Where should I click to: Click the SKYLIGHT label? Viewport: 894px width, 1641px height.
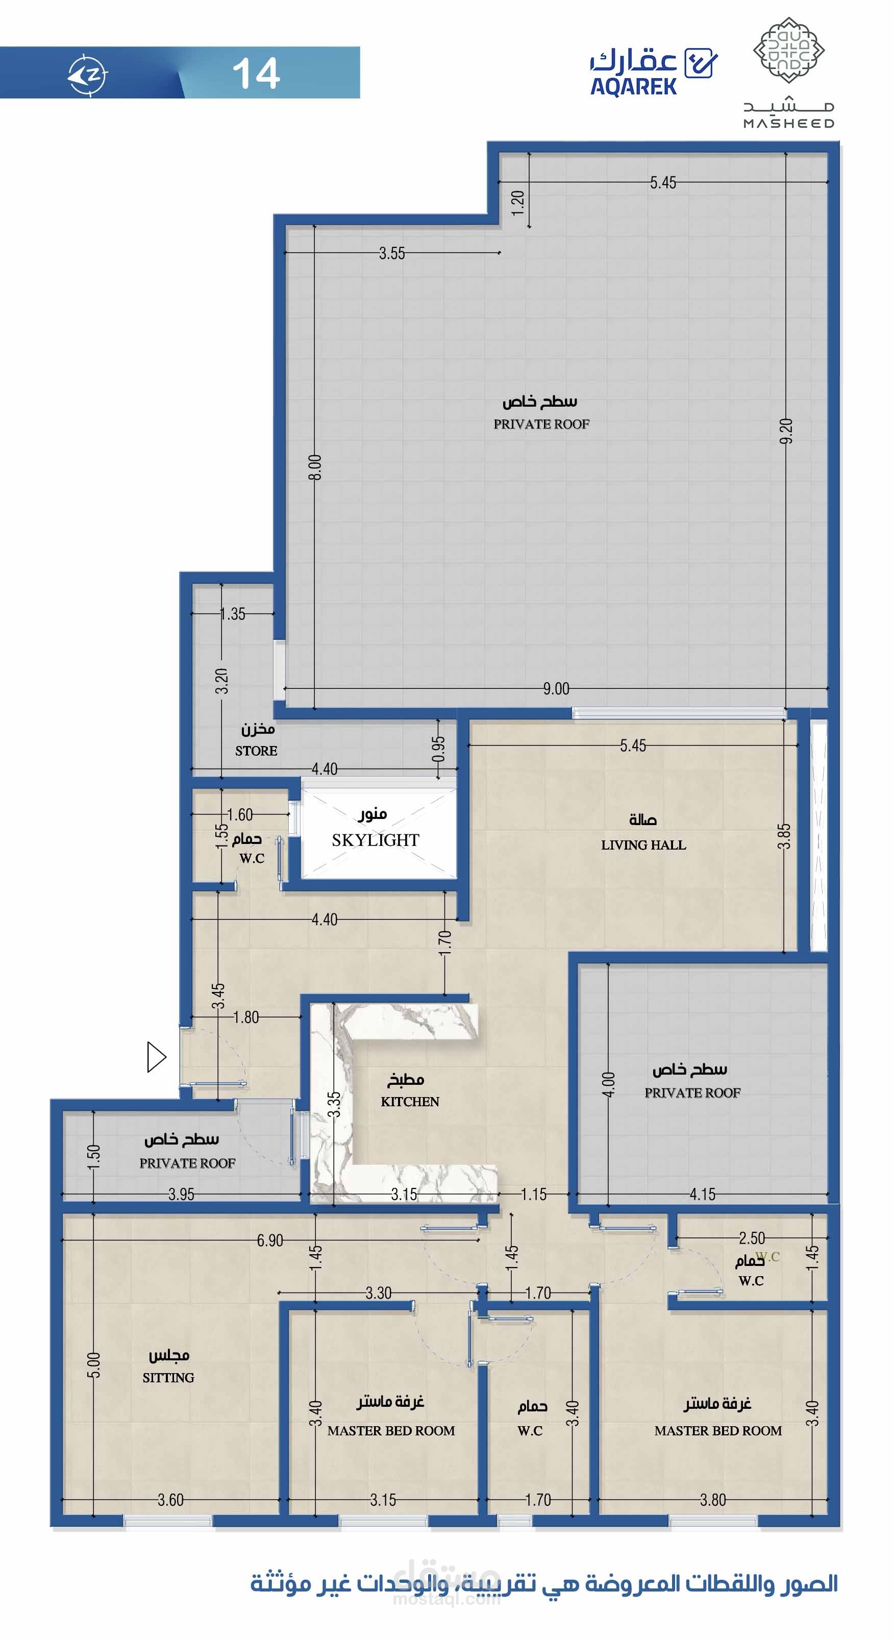point(376,840)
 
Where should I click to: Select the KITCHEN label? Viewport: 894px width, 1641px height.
point(410,1102)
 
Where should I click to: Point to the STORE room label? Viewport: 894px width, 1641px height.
point(256,751)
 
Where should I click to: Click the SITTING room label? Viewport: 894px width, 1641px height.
point(168,1377)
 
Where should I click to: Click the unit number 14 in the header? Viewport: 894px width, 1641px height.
point(256,73)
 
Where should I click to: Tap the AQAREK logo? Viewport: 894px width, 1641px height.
point(654,72)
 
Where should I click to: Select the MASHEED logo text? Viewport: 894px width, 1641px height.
point(789,123)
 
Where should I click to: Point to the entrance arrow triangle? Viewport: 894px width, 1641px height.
point(156,1057)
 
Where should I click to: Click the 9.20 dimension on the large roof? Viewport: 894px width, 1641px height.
point(786,431)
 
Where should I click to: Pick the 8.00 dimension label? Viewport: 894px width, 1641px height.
point(315,467)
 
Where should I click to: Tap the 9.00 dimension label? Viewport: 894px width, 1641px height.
point(556,689)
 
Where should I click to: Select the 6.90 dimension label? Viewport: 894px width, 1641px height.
point(270,1240)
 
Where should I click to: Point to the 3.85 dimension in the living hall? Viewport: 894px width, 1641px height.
point(784,836)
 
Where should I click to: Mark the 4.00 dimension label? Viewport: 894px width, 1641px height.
point(609,1084)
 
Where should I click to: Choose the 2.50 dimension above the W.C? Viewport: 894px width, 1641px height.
point(752,1238)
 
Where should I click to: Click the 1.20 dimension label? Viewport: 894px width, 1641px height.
point(517,203)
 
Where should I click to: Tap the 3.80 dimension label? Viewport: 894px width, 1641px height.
point(713,1500)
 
